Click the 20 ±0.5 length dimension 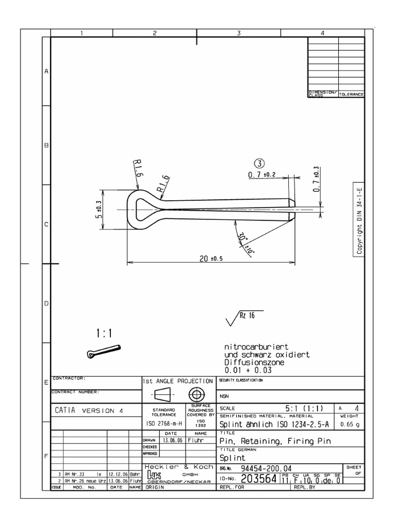[211, 258]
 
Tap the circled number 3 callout [259, 163]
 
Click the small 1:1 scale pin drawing [104, 352]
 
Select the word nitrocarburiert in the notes [252, 348]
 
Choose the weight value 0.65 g [350, 425]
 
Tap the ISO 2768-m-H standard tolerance [164, 425]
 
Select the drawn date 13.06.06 [171, 441]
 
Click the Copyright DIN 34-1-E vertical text [359, 218]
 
